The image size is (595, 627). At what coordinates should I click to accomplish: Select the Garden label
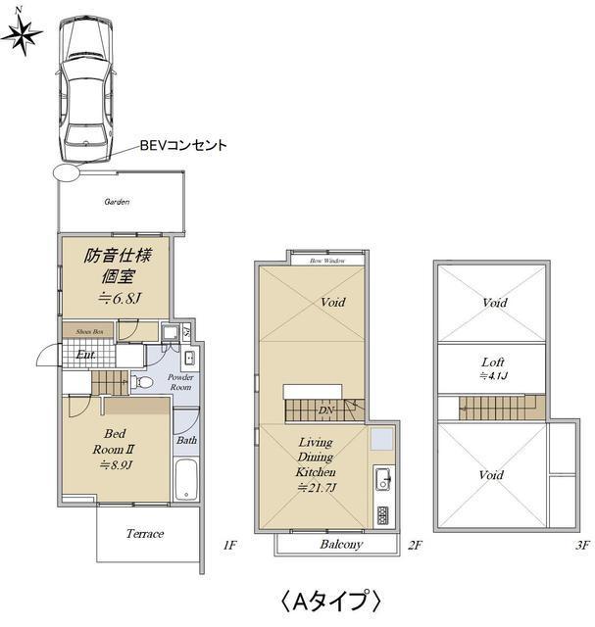click(x=118, y=202)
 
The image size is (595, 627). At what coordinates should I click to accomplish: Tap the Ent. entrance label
click(x=86, y=354)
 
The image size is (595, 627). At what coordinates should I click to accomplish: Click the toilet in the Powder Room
click(x=142, y=382)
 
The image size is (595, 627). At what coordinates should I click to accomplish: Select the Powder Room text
click(x=180, y=382)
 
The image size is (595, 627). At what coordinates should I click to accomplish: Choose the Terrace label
click(x=144, y=534)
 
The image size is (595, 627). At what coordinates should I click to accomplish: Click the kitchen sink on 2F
click(x=381, y=480)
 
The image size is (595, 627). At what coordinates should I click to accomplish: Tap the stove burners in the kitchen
click(x=381, y=514)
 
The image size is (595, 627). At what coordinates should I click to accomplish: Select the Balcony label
click(x=341, y=545)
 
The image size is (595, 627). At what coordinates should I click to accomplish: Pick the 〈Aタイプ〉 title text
click(x=330, y=598)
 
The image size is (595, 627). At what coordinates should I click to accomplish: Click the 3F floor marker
click(x=581, y=544)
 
